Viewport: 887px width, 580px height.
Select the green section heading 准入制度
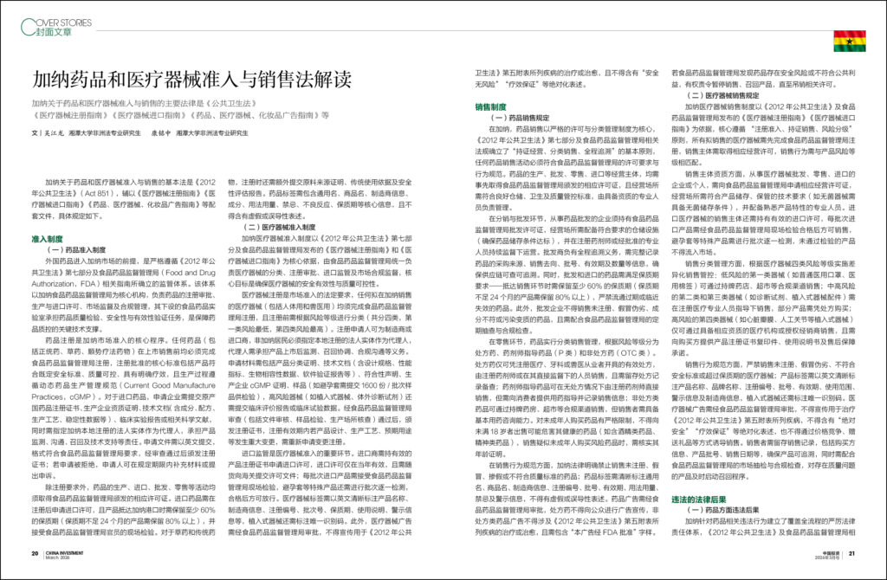[48, 237]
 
